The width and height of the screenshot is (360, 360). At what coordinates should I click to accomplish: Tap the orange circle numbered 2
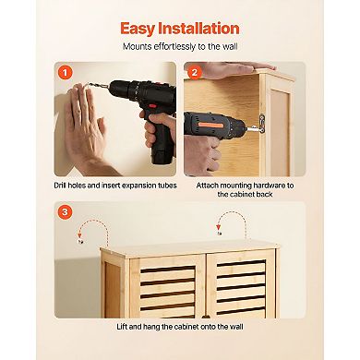(x=194, y=72)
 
